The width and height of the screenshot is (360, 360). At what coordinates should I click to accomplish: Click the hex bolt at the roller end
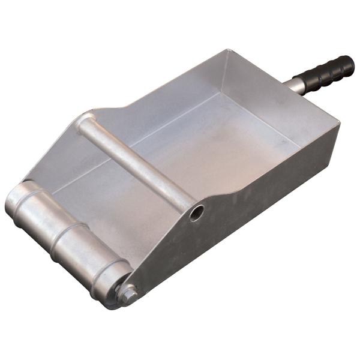[128, 292]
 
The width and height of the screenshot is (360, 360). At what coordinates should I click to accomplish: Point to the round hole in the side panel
[196, 212]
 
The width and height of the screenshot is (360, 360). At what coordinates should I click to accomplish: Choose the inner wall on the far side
[168, 96]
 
